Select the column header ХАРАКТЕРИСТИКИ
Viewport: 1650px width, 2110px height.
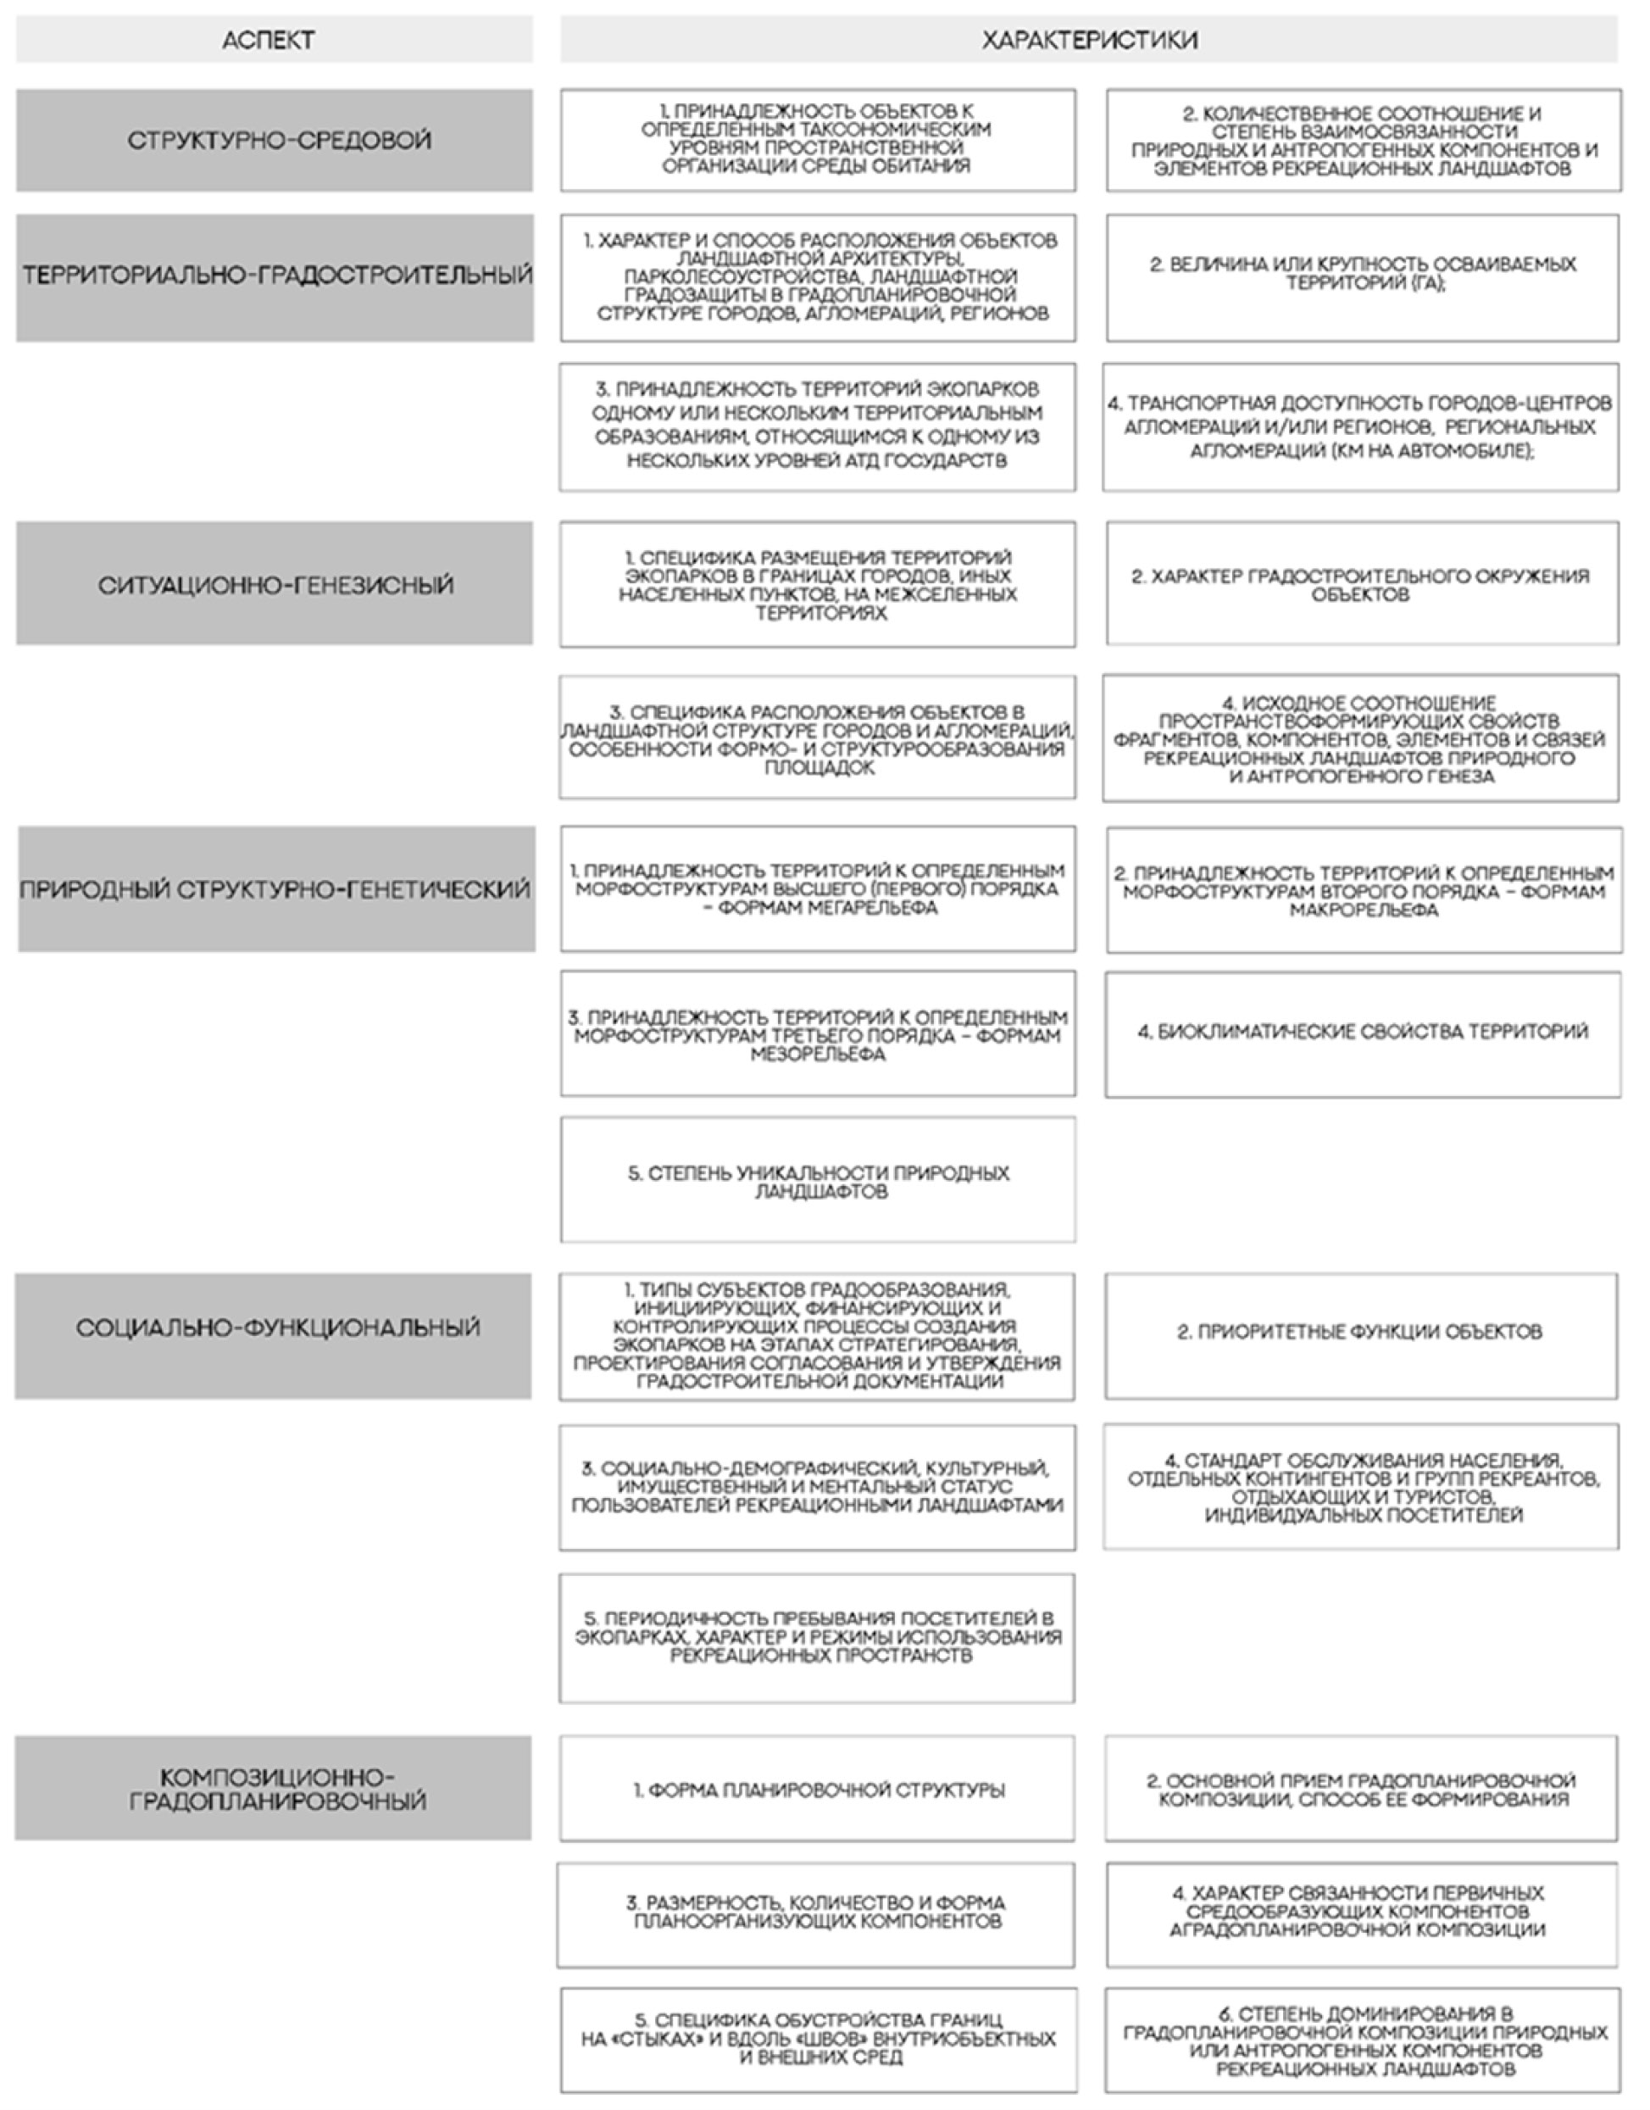tap(1089, 40)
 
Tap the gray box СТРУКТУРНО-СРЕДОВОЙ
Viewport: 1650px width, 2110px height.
tap(274, 140)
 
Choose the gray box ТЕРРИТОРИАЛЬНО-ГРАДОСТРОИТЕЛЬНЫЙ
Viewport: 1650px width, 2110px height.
tap(275, 277)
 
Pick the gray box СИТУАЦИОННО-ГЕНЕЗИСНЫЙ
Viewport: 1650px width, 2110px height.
tap(275, 583)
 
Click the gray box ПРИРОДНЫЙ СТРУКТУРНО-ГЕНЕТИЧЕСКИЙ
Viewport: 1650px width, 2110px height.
tap(276, 888)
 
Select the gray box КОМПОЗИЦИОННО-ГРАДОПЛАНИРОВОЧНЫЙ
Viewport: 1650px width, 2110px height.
tap(274, 1788)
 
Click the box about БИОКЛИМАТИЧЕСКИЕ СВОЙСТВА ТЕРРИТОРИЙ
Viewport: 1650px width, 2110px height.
tap(1362, 1033)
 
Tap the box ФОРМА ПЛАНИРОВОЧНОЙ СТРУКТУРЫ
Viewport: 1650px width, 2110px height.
tap(817, 1790)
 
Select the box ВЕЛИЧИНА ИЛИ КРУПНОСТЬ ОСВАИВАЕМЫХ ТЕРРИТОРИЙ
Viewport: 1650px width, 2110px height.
tap(1362, 277)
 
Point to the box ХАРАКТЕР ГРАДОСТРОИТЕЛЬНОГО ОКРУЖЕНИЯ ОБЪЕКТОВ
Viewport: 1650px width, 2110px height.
tap(1362, 583)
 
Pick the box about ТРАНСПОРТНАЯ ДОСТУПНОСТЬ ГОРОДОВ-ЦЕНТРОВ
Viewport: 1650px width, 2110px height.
tap(1360, 427)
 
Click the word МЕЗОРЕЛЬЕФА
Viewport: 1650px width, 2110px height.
tap(819, 1054)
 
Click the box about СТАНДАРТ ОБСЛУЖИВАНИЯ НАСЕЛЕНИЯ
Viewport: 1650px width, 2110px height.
tap(1360, 1486)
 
